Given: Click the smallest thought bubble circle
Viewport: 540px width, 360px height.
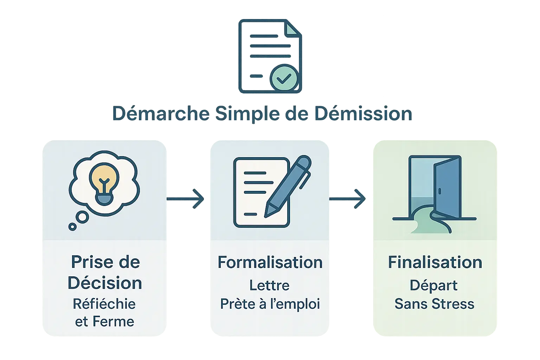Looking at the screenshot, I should [x=72, y=227].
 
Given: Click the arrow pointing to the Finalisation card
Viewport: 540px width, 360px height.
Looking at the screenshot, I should [x=348, y=199].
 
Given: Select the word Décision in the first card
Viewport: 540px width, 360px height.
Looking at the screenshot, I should [x=105, y=283].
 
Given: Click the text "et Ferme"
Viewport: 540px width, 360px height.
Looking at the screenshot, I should [x=104, y=322].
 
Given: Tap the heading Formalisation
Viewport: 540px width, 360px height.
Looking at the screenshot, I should [x=270, y=262].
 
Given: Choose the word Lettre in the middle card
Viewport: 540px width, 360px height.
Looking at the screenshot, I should [x=269, y=285].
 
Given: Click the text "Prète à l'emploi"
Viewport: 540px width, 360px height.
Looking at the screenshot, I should [x=270, y=304].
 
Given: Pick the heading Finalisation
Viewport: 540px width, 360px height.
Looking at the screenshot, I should [x=435, y=262].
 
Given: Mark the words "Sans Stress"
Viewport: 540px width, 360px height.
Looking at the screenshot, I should [x=435, y=304].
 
